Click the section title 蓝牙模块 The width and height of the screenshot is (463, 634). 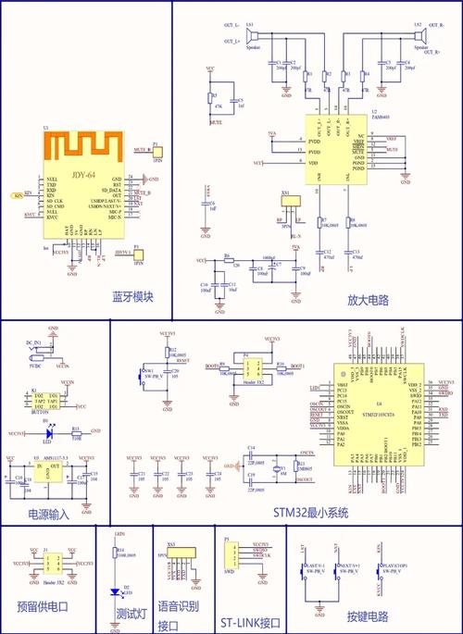coord(131,298)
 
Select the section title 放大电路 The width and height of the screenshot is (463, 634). coord(368,300)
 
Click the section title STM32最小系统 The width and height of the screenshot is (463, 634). coord(310,512)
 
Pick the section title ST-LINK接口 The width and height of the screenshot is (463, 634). coord(251,623)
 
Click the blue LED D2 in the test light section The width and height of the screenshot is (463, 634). coord(115,589)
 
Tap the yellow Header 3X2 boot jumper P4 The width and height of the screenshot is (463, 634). coord(248,368)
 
